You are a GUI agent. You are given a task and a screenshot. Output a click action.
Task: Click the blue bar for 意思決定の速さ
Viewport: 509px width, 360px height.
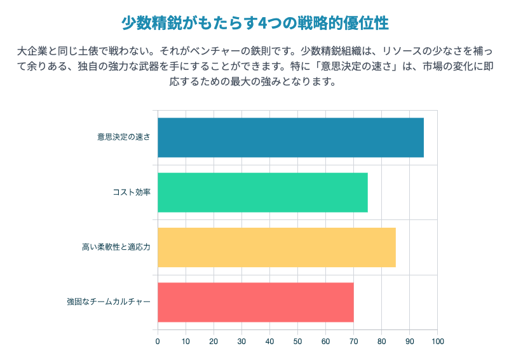pos(290,137)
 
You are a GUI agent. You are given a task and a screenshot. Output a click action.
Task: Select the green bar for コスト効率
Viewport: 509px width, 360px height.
pos(262,192)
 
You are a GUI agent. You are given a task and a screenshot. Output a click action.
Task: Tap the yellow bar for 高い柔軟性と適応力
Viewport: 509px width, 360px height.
pos(276,247)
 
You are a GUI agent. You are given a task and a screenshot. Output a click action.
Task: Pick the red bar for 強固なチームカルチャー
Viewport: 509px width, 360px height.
pos(255,301)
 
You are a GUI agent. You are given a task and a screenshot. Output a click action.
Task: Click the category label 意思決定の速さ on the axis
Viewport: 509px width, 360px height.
pos(124,137)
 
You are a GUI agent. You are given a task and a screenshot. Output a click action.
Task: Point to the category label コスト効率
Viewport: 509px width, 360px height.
pos(132,192)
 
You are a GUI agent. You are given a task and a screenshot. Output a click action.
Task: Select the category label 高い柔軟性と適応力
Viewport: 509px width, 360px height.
pos(116,247)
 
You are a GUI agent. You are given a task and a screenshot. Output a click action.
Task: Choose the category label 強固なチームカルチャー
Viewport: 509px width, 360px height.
pos(109,301)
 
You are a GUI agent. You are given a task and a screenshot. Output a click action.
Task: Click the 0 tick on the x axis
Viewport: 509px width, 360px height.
pos(158,342)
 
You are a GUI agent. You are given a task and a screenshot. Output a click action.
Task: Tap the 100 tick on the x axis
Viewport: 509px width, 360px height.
pos(437,342)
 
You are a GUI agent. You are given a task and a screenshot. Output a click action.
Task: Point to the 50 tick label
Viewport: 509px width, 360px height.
pos(297,342)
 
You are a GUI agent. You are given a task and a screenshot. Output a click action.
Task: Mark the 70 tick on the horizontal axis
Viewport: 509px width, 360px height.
pos(353,342)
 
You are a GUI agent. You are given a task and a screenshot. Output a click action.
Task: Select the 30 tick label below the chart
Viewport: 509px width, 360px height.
pos(241,342)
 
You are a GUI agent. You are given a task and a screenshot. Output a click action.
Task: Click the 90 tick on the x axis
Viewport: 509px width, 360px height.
pos(409,342)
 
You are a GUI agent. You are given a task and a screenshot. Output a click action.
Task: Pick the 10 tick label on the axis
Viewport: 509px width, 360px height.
pos(186,342)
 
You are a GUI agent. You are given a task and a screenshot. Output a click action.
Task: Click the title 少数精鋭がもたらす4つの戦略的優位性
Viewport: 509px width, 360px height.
pos(254,23)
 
